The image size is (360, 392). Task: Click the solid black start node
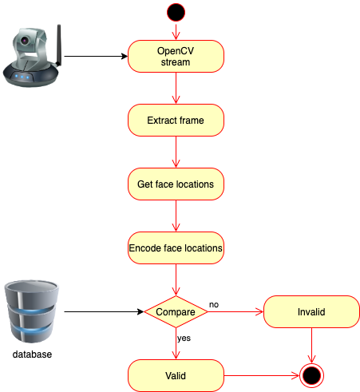coord(176,12)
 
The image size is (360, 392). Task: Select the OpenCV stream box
coord(176,57)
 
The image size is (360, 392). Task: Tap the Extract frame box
coord(176,121)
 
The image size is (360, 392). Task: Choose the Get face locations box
coord(176,184)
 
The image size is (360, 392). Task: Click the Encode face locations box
coord(176,248)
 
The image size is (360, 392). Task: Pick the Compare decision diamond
coord(176,311)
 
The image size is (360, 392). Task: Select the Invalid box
coord(311,311)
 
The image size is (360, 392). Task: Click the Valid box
coord(176,374)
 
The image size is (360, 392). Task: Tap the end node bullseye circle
coord(311,374)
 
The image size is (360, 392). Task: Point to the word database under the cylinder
coord(33,354)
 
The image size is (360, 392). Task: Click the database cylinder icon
coord(32,311)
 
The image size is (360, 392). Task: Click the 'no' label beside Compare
coord(214,304)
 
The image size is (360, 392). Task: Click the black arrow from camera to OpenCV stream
coord(96,57)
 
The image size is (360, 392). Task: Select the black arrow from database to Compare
coord(104,311)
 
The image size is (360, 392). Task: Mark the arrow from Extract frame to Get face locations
coord(176,152)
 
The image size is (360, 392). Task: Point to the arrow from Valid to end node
coord(259,374)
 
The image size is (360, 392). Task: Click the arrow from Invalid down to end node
coord(311,343)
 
